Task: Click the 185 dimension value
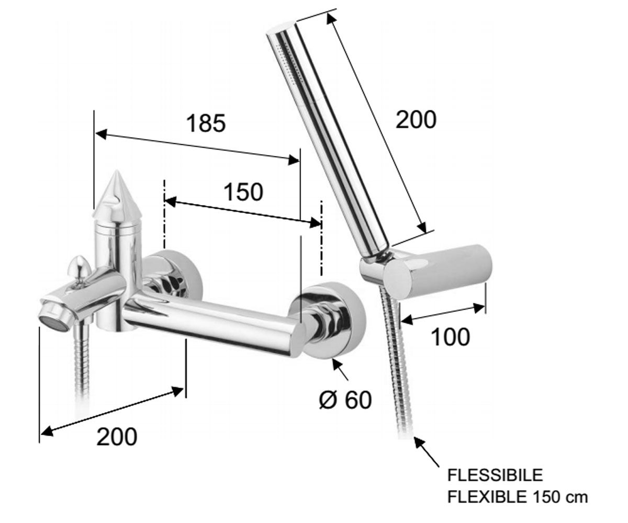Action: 206,123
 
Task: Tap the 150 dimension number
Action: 243,192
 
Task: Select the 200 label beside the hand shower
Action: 416,120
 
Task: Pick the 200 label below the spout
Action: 117,437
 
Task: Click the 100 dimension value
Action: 450,337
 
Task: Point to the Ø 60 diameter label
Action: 345,400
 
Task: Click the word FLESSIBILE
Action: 495,475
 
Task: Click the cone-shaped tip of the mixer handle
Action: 116,192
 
